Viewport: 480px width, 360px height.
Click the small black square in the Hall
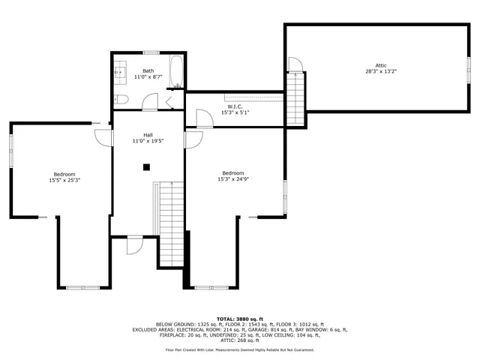click(147, 166)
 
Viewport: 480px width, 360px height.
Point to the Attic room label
click(381, 65)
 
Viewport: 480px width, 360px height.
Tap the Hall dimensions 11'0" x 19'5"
click(148, 141)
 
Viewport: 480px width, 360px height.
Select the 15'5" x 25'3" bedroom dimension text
click(64, 180)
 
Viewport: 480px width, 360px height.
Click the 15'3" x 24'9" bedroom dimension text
click(233, 179)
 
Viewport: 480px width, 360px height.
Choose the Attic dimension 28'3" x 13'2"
click(381, 72)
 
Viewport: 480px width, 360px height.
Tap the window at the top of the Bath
click(151, 52)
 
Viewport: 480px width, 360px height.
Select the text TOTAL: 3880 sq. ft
click(239, 319)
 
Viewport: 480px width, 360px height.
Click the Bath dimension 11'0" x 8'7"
click(148, 77)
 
